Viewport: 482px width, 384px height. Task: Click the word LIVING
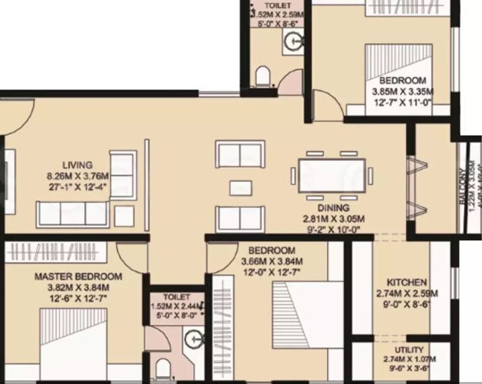78,164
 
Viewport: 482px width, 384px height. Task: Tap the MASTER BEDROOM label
78,276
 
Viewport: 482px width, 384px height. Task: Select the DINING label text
334,208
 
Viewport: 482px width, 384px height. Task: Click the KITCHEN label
407,282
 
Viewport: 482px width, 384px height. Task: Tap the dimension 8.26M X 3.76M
78,177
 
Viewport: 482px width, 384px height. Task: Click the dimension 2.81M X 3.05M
334,219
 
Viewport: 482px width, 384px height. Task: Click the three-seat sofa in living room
73,214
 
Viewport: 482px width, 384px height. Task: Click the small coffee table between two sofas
236,187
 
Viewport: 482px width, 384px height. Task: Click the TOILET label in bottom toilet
176,297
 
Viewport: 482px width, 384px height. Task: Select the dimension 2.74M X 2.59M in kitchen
407,294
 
